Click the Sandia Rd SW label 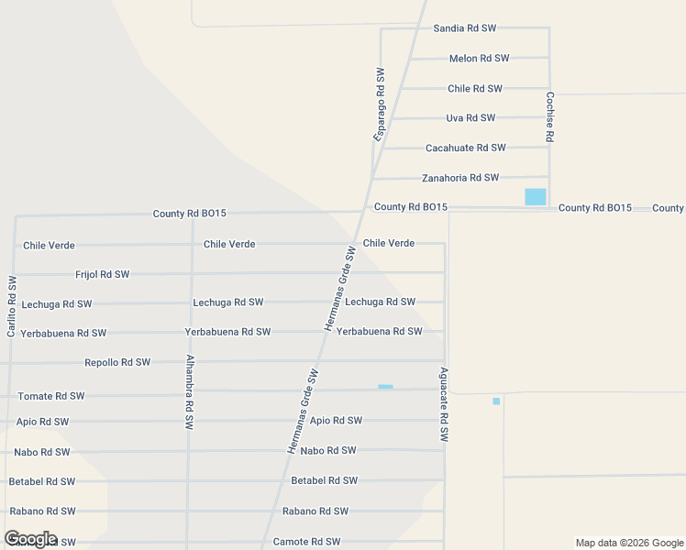click(464, 28)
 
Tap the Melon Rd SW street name click(479, 59)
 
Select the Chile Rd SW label click(474, 89)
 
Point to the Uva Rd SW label click(470, 118)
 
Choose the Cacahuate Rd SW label click(465, 148)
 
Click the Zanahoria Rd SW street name click(459, 178)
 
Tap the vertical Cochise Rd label click(550, 116)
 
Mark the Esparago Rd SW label click(379, 104)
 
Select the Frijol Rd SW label click(102, 274)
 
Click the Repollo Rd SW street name click(117, 362)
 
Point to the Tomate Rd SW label click(50, 396)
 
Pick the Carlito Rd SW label click(12, 306)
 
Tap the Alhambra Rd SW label click(190, 392)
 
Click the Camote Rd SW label click(306, 542)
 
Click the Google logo click(30, 539)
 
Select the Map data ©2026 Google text click(628, 543)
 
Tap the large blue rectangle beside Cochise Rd click(535, 196)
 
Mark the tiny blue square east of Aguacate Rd click(496, 401)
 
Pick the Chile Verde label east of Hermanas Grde click(388, 243)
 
